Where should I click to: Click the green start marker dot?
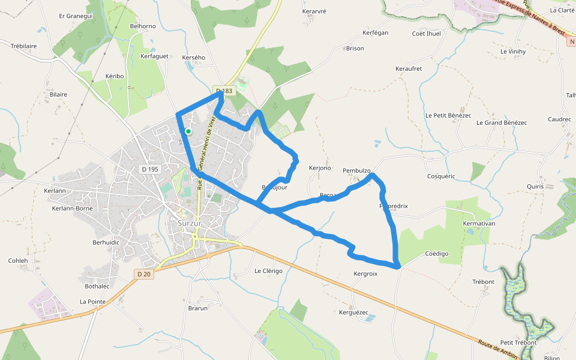pyautogui.click(x=188, y=131)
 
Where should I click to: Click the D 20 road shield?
pyautogui.click(x=143, y=274)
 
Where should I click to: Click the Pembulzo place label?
pyautogui.click(x=357, y=170)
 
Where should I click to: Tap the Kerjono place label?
pyautogui.click(x=320, y=168)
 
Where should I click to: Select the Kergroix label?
pyautogui.click(x=365, y=274)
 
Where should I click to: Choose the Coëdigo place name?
pyautogui.click(x=436, y=254)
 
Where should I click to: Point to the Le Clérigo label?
pyautogui.click(x=268, y=271)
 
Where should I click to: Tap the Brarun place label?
pyautogui.click(x=197, y=308)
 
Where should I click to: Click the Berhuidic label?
pyautogui.click(x=106, y=242)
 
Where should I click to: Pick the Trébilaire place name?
pyautogui.click(x=24, y=46)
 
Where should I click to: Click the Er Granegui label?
pyautogui.click(x=76, y=16)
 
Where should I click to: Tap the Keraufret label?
pyautogui.click(x=409, y=69)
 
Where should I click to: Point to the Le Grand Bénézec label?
pyautogui.click(x=501, y=122)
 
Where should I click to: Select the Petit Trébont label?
pyautogui.click(x=518, y=343)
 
